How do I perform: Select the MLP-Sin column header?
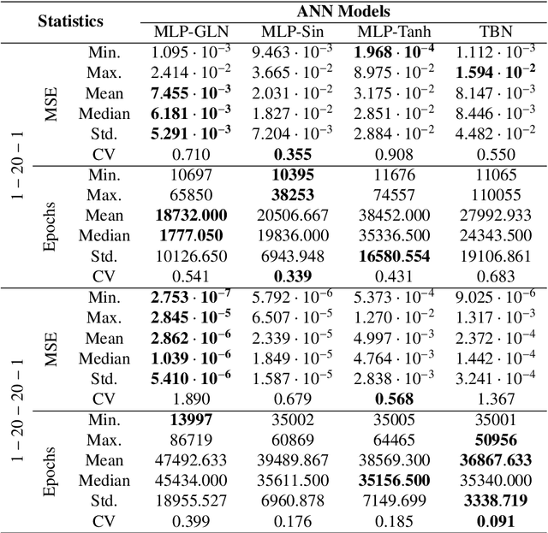pos(290,33)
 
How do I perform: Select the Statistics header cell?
pos(70,21)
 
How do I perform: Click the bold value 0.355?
pos(290,154)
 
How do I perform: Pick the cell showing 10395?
pos(290,175)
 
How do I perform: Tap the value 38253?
pos(290,196)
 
